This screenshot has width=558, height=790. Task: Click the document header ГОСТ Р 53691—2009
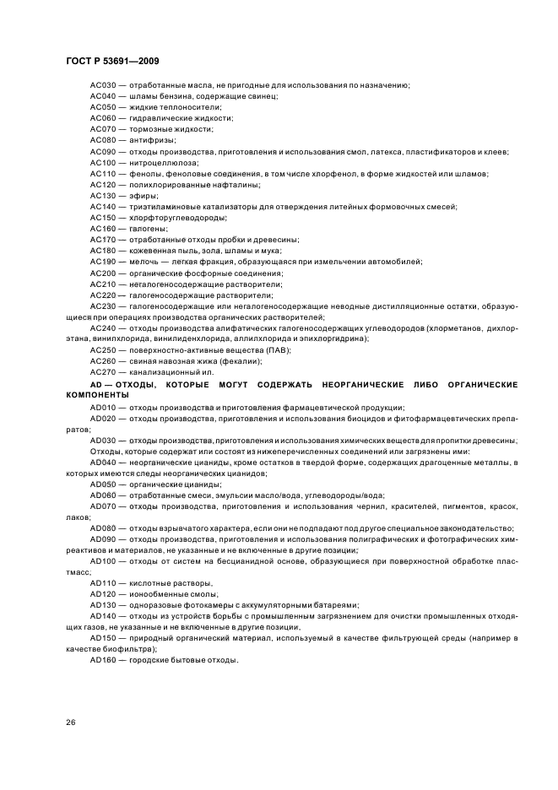pyautogui.click(x=111, y=62)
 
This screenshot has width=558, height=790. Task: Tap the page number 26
pyautogui.click(x=70, y=722)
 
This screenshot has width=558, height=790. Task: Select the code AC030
pyautogui.click(x=103, y=85)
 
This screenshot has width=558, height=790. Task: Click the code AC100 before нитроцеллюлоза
pyautogui.click(x=103, y=162)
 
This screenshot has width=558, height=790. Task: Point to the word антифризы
pyautogui.click(x=145, y=140)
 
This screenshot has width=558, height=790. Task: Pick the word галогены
pyautogui.click(x=144, y=228)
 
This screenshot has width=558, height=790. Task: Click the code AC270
pyautogui.click(x=103, y=371)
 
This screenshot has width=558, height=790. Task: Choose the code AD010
pyautogui.click(x=103, y=407)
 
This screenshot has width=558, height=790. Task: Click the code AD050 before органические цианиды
pyautogui.click(x=103, y=484)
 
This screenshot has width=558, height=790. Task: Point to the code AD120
pyautogui.click(x=103, y=593)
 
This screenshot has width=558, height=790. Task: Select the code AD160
pyautogui.click(x=103, y=659)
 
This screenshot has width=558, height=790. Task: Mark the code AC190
pyautogui.click(x=103, y=262)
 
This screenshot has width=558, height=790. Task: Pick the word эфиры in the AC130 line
pyautogui.click(x=140, y=195)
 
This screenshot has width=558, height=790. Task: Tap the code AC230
pyautogui.click(x=103, y=306)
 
